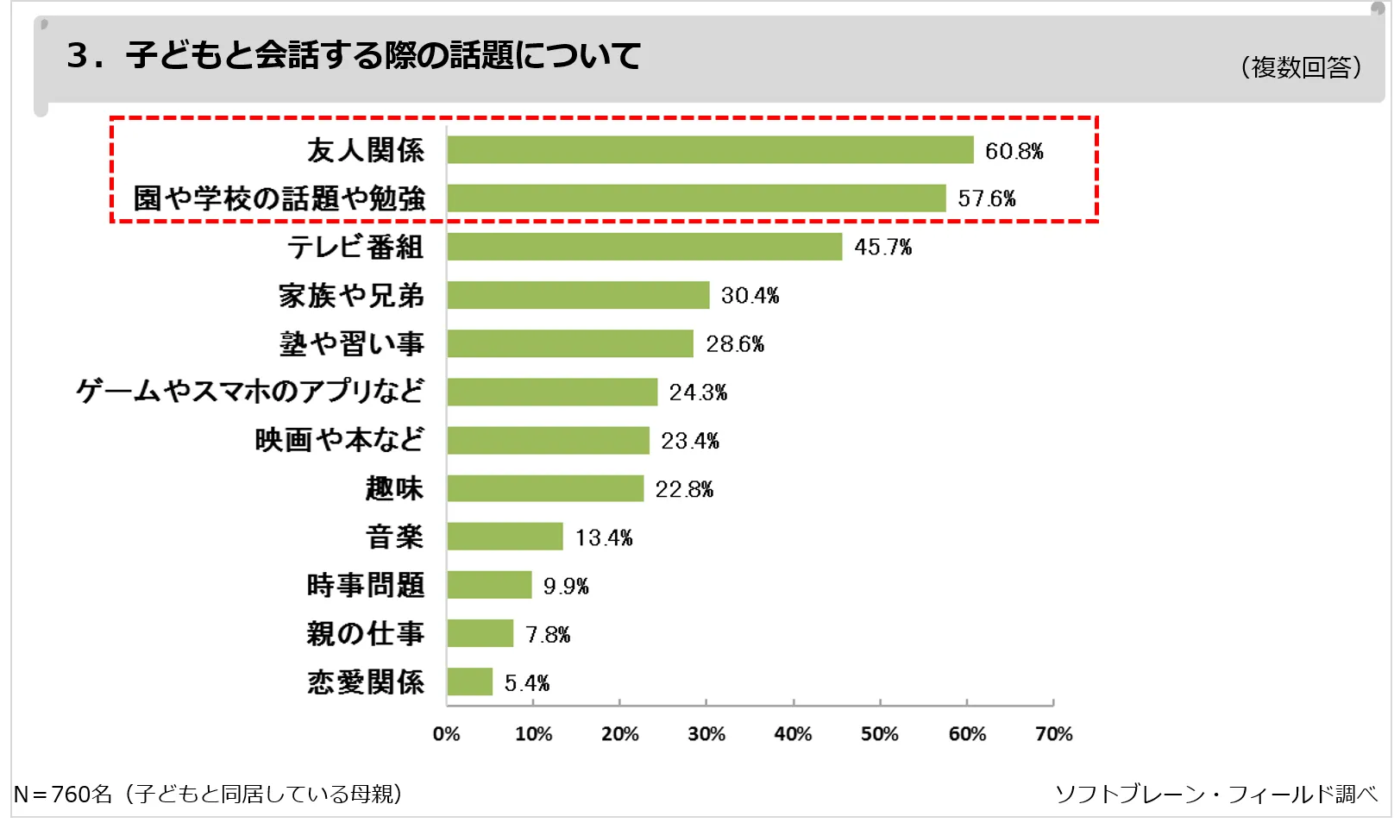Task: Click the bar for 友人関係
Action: click(x=710, y=150)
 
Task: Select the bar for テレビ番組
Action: click(x=644, y=247)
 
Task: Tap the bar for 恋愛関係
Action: click(x=470, y=682)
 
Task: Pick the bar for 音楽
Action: click(x=505, y=537)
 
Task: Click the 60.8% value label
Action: click(x=1014, y=152)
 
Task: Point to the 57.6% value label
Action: click(x=986, y=199)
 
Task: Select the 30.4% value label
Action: click(x=750, y=296)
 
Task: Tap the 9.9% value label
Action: click(x=566, y=587)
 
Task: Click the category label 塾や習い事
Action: click(x=352, y=343)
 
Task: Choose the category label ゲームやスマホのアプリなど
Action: click(x=250, y=392)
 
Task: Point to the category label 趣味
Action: click(x=394, y=488)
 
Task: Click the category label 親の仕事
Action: click(x=366, y=634)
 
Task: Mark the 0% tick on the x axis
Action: click(x=446, y=734)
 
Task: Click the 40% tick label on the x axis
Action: click(x=793, y=734)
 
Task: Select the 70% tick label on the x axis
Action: click(x=1053, y=734)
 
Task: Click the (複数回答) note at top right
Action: click(x=1301, y=67)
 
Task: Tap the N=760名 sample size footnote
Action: click(x=208, y=794)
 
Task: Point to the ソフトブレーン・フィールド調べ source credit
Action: click(x=1216, y=794)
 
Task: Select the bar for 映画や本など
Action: click(x=548, y=440)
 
